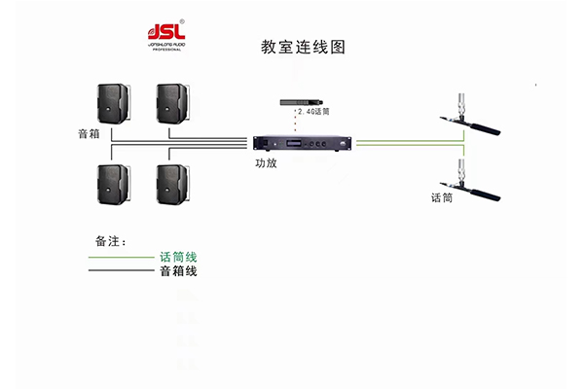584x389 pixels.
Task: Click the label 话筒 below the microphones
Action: pos(442,196)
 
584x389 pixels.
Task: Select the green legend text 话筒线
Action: pos(178,257)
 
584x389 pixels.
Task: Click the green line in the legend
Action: pos(122,258)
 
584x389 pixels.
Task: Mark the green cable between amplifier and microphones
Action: pos(409,143)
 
